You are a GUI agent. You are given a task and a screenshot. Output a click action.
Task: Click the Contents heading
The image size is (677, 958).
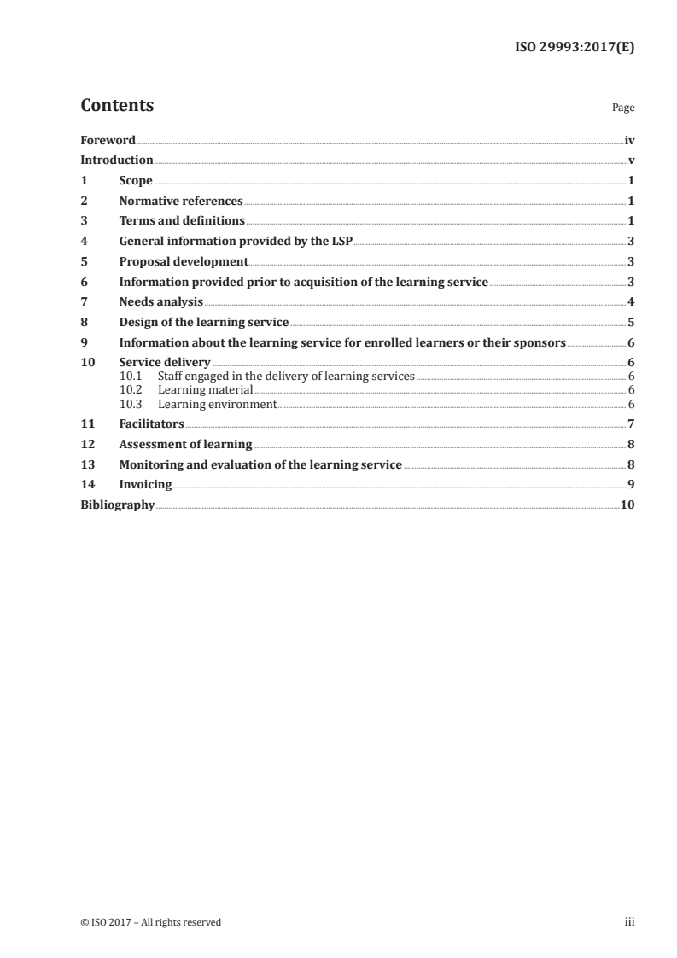coord(117,106)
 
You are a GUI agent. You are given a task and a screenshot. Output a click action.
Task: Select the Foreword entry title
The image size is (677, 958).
coord(108,140)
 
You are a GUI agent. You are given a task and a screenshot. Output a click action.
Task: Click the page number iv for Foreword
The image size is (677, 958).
coord(628,140)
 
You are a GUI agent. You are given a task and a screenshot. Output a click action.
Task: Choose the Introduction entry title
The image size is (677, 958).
coord(117,160)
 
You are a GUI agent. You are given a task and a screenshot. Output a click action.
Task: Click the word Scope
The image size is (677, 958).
coord(136,181)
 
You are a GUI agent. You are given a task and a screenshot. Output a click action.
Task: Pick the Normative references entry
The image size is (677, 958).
coord(181,202)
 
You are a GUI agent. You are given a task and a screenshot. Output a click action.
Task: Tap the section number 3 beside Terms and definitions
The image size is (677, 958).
coord(84,221)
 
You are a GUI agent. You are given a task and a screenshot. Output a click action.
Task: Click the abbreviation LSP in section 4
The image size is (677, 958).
coord(341,241)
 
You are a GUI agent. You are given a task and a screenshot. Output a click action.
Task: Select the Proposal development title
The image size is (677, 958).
coord(184,261)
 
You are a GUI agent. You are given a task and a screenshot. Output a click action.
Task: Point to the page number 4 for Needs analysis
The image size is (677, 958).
coord(630,301)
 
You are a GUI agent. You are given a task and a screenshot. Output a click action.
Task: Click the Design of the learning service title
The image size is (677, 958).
coord(204,322)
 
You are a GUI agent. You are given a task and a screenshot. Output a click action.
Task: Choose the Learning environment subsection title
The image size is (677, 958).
coord(217,404)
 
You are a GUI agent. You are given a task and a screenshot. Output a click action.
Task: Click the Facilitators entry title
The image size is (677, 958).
coord(151,424)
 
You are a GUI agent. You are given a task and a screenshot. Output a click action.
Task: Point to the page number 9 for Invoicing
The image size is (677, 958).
coord(630,484)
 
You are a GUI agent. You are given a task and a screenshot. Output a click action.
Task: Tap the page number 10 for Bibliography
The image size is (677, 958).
coord(627,505)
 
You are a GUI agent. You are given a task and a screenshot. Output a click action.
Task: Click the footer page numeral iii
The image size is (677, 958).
coord(629,921)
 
